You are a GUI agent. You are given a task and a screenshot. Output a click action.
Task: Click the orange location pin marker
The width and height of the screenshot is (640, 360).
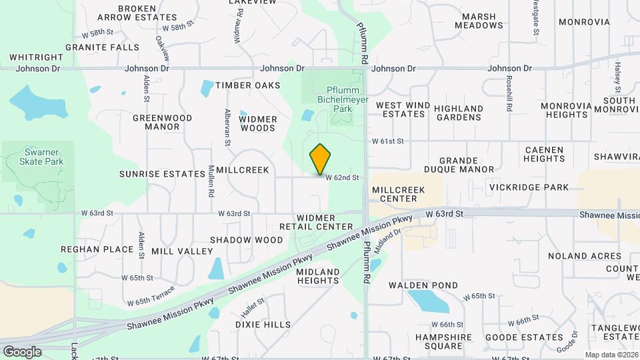[x=321, y=159]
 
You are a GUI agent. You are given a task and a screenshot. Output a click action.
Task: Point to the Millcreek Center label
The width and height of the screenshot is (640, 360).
[x=399, y=194]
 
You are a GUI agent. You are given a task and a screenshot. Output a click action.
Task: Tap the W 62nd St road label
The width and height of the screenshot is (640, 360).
[x=343, y=178]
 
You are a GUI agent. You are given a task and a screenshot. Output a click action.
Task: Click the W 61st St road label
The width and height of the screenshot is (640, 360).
[x=388, y=141]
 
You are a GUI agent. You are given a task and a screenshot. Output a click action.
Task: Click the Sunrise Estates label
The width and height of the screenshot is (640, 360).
[x=162, y=173]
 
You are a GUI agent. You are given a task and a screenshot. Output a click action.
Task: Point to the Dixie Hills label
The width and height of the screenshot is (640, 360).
[x=263, y=325]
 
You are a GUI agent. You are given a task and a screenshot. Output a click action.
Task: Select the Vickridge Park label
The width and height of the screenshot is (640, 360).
[x=529, y=187]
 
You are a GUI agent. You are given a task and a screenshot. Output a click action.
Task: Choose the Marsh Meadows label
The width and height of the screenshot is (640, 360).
[x=479, y=21]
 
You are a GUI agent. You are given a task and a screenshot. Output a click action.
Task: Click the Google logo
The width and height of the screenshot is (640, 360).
[x=21, y=351]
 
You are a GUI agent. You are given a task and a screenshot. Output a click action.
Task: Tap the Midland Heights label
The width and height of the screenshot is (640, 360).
[x=318, y=276]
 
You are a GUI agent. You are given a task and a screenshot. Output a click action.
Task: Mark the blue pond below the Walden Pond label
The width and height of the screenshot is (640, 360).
[x=427, y=302]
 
